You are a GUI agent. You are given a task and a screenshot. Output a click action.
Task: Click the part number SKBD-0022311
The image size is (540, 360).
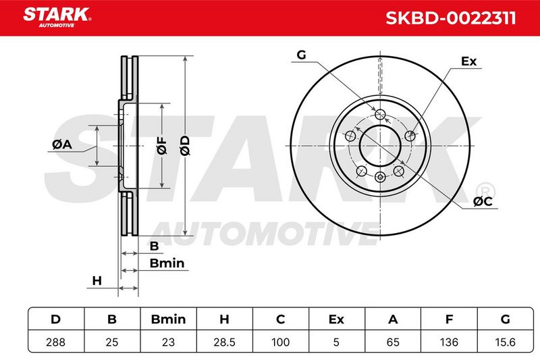pos(450,18)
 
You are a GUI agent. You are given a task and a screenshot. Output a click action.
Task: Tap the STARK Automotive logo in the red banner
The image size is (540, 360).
pos(57,18)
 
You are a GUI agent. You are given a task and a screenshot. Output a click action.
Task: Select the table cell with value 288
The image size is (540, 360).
pos(55,342)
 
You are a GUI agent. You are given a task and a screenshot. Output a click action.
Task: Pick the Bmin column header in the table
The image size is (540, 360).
pos(168,319)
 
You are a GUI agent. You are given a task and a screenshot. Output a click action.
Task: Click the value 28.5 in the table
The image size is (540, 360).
pos(224,342)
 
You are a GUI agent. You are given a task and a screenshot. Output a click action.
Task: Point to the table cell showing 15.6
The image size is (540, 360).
pos(505,342)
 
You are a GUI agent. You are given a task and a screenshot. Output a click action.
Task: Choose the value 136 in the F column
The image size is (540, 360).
pos(449,342)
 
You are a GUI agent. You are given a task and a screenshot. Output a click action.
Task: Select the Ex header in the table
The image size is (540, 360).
pos(336,319)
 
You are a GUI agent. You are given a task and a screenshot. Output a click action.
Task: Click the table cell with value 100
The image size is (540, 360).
pos(280,342)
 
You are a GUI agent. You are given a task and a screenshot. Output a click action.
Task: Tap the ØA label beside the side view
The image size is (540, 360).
pos(62,145)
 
